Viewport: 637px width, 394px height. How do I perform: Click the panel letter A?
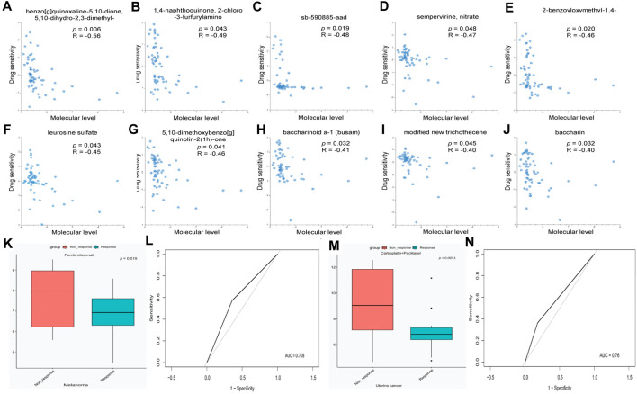pos(7,8)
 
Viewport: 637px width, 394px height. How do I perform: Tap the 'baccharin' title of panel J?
pos(564,132)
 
